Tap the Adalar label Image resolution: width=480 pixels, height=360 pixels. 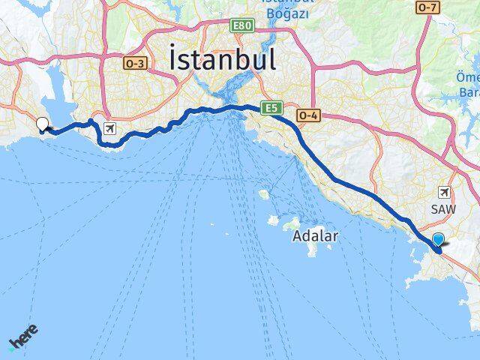point(315,235)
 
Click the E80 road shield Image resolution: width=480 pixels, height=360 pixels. point(242,25)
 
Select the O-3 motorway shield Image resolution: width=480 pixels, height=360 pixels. point(135,64)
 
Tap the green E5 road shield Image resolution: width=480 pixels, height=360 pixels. point(271,109)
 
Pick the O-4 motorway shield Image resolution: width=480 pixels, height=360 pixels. point(307,115)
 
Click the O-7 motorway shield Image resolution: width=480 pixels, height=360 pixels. point(426,7)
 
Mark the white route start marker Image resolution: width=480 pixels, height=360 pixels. point(43,124)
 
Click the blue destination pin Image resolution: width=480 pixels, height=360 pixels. point(439,239)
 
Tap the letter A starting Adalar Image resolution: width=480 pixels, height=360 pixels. point(296,235)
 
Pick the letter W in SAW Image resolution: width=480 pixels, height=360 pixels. point(453,208)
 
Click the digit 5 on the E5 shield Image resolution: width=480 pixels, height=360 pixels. point(274,109)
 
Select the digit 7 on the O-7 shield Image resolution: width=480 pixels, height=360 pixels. point(432,7)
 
